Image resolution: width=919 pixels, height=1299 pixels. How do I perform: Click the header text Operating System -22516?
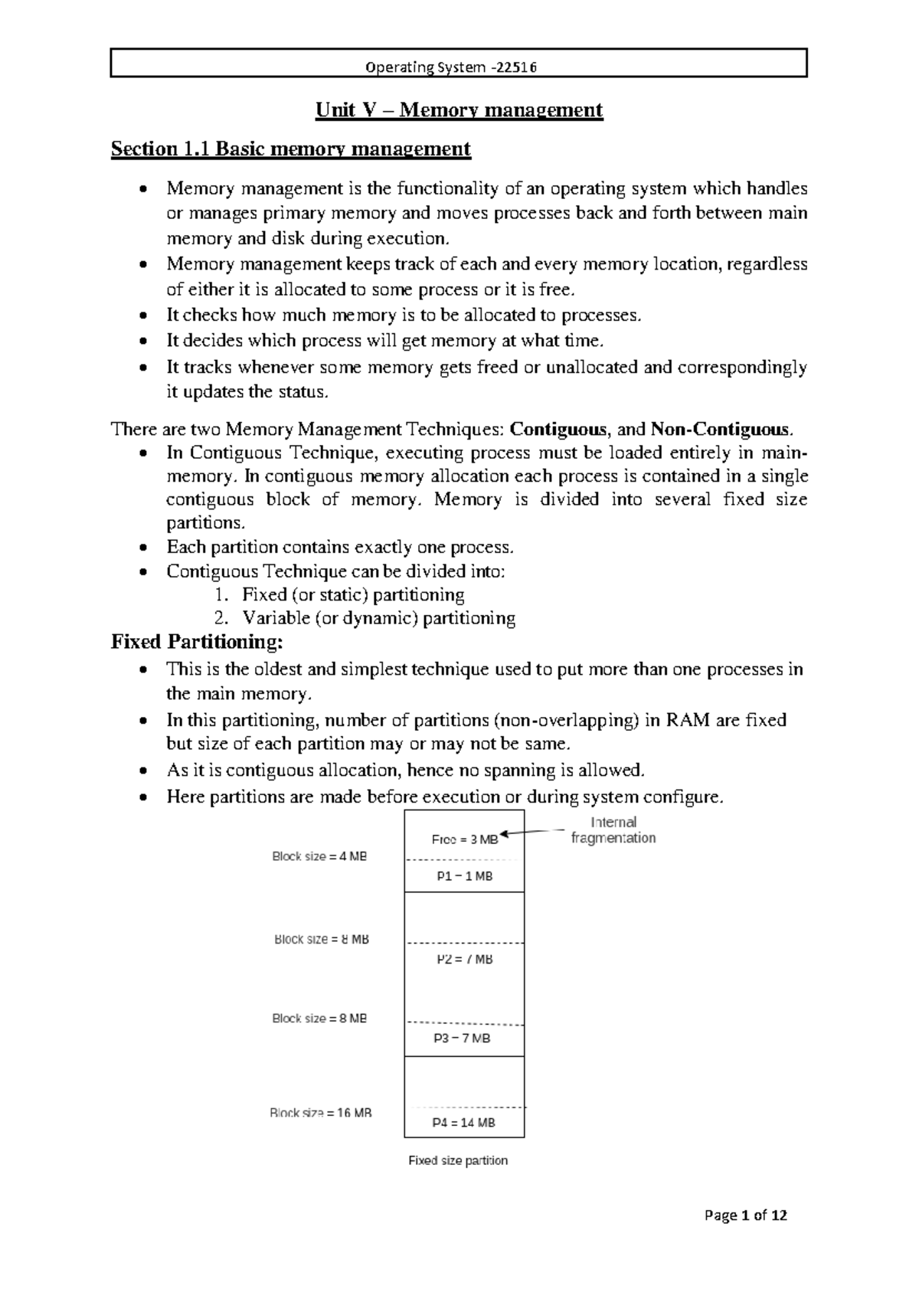coord(452,67)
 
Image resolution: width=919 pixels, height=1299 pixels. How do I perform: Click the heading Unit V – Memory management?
coord(459,110)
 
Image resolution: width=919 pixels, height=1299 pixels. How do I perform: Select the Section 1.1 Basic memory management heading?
coord(290,149)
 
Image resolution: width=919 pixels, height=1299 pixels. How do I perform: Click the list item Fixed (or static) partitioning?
coord(353,595)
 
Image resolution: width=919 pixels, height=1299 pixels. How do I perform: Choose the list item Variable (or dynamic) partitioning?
coord(378,618)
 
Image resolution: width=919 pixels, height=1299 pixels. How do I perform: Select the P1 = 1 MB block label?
coord(464,876)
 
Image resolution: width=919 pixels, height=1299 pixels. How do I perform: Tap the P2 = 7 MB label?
coord(464,960)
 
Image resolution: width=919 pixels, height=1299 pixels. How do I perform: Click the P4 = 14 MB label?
coord(464,1123)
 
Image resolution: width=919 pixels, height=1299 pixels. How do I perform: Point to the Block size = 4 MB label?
coord(319,857)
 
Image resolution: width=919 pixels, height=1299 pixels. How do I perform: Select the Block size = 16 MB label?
coord(321,1114)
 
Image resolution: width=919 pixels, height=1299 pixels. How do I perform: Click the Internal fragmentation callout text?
coord(613,830)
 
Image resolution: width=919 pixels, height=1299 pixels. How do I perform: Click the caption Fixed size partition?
coord(458,1161)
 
